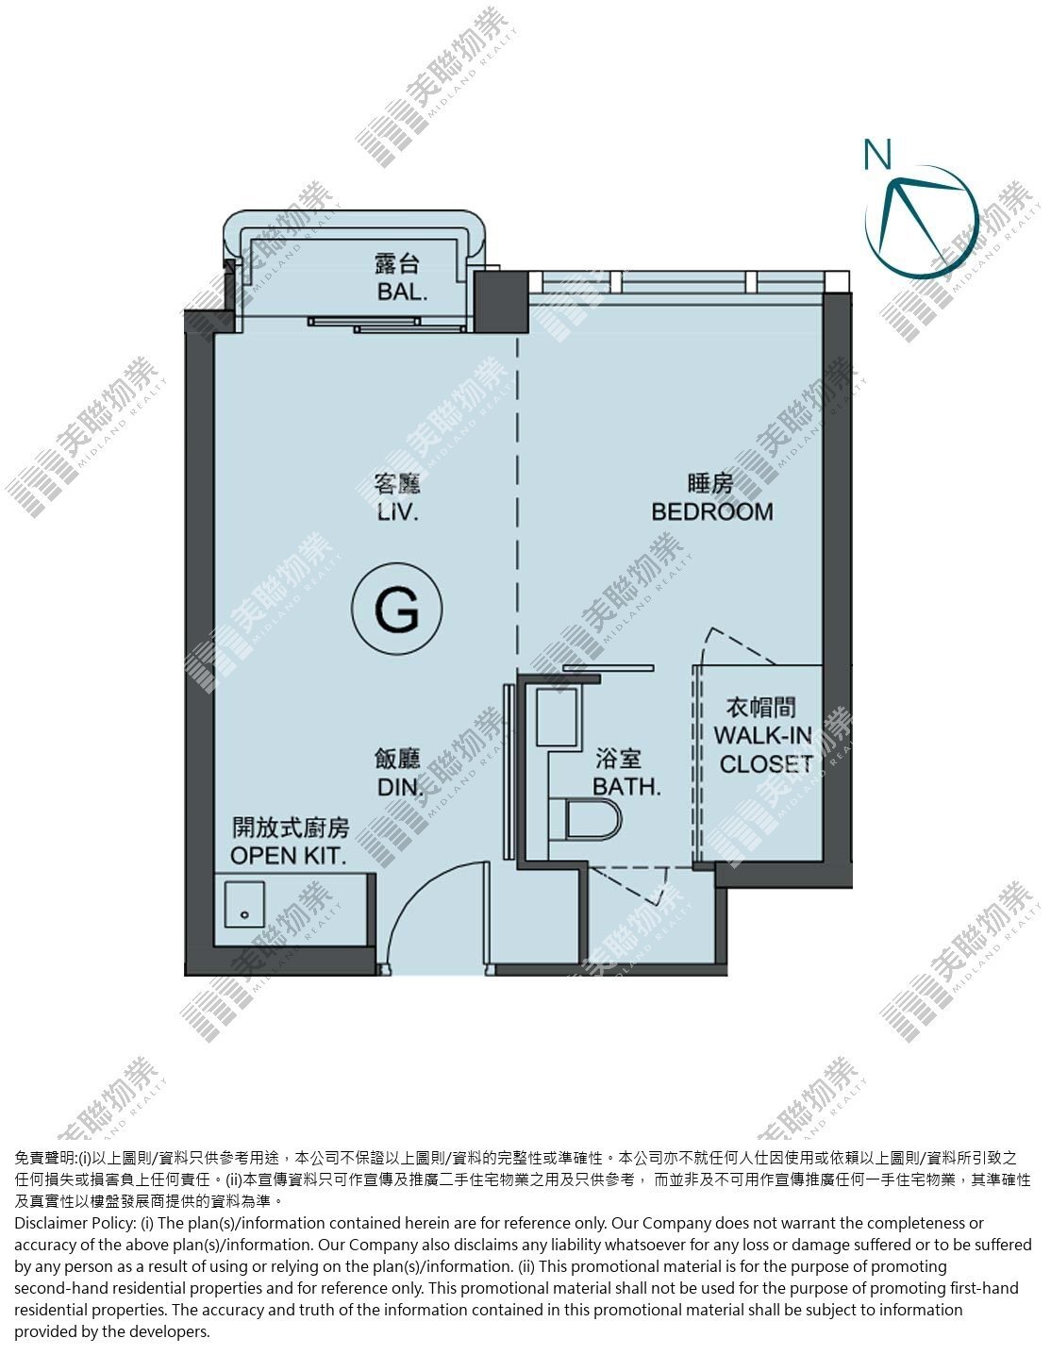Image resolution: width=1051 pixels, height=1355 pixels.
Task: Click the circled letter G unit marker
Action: pos(397,608)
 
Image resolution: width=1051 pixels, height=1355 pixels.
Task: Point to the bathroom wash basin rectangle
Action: pos(556,717)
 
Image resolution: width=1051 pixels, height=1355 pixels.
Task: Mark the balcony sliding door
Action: pos(387,325)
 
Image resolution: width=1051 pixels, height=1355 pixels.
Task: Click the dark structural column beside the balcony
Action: pos(501,301)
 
